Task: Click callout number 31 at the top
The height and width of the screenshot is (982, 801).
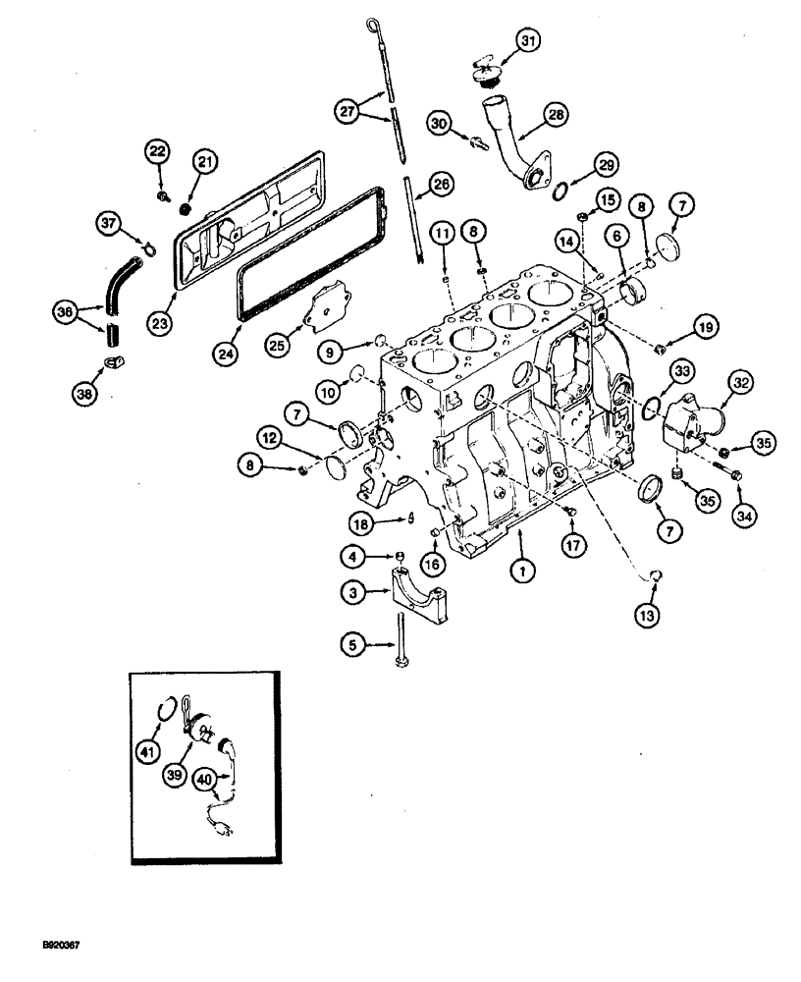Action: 529,40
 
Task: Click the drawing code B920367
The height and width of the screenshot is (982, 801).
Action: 60,945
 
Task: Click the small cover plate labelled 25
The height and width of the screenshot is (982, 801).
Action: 325,307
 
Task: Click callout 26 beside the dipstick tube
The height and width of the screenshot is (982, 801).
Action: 441,183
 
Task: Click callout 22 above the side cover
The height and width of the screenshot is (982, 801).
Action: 157,150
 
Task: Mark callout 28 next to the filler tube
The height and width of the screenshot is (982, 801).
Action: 556,115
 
